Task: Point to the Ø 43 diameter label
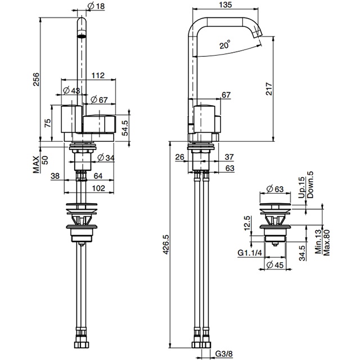tap(71, 90)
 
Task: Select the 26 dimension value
tap(179, 156)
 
